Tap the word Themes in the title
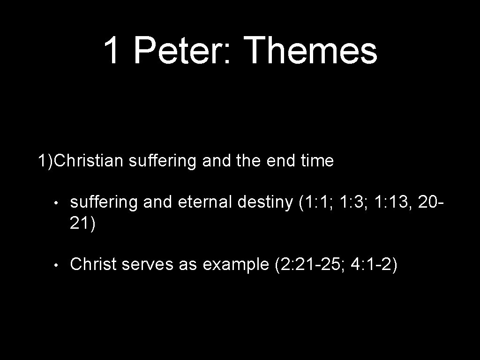coord(311,50)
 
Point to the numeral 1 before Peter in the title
coord(111,50)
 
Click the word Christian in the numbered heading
coord(89,161)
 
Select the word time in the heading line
coord(317,161)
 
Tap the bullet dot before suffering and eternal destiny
coord(55,203)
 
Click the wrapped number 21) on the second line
coord(82,224)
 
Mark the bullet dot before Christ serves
coord(55,265)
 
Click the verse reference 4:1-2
coord(373,264)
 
